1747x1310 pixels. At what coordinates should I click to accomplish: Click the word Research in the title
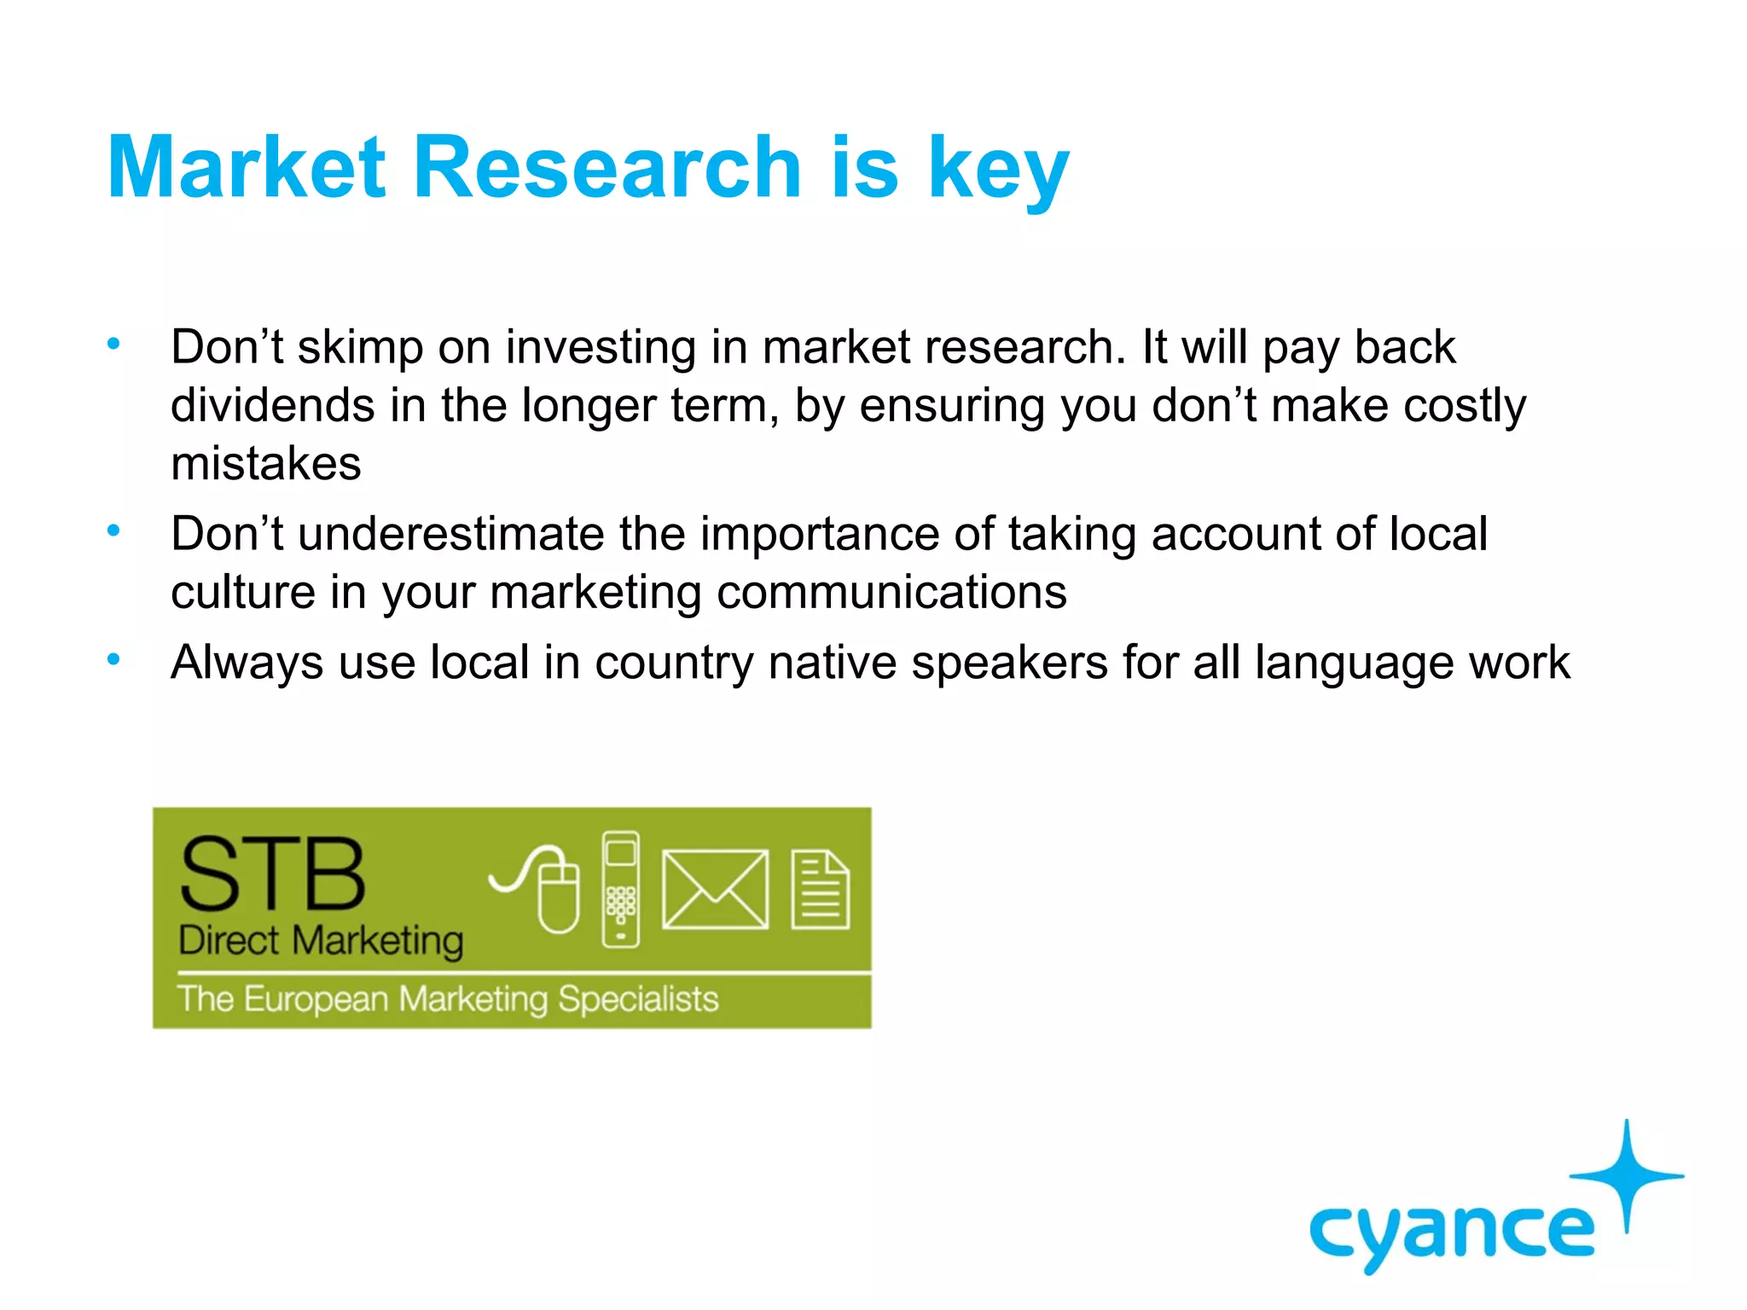coord(607,168)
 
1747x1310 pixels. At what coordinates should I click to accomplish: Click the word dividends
coord(272,406)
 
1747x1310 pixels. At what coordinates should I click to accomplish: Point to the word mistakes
coord(265,464)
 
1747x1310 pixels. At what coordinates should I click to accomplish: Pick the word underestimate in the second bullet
coord(450,535)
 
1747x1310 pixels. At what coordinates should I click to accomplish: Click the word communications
coord(891,593)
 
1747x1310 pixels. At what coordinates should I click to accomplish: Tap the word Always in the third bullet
coord(247,664)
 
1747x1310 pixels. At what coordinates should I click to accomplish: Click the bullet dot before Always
coord(113,659)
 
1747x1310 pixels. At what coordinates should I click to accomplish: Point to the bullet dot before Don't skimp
coord(113,345)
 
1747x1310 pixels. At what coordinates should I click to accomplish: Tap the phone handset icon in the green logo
coord(620,889)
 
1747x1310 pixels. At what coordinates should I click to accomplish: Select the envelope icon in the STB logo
coord(715,889)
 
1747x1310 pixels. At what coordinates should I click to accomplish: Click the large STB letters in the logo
coord(272,874)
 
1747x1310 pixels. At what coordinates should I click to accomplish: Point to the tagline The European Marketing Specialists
coord(448,999)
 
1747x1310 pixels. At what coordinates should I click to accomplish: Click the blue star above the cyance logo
coord(1627,1176)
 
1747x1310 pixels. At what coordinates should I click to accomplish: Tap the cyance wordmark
coord(1450,1232)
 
